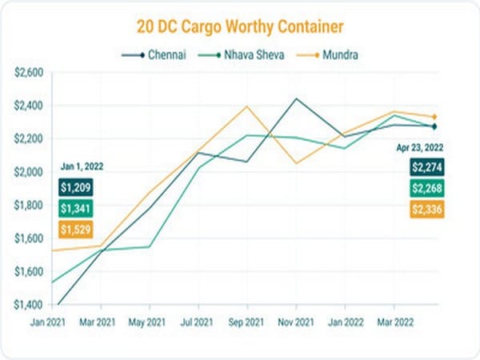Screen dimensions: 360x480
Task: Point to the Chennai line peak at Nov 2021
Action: click(298, 98)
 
